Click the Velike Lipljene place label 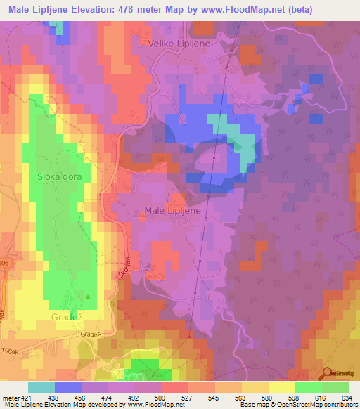[x=179, y=43]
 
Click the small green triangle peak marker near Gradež [x=88, y=298]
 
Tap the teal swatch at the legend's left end [x=41, y=387]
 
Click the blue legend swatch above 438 [x=67, y=387]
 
